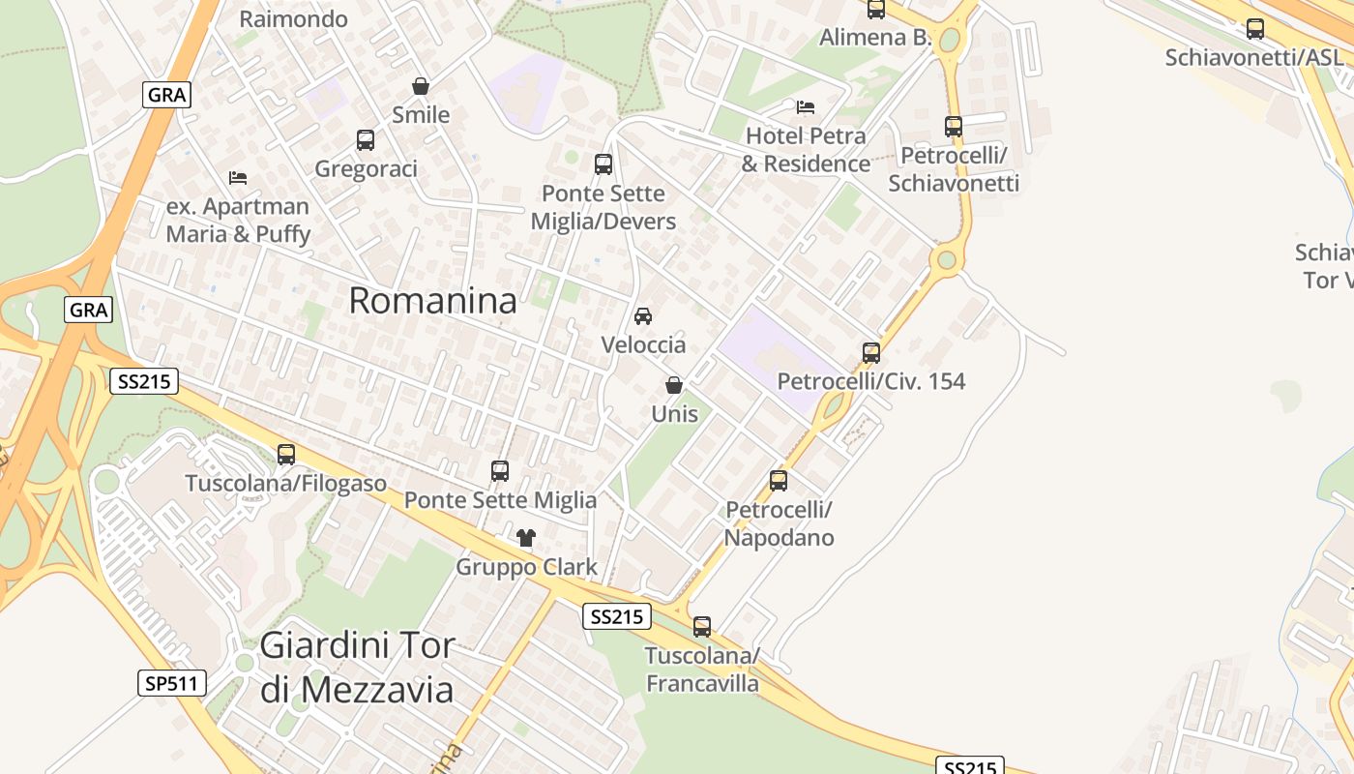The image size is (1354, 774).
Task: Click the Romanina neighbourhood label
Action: pyautogui.click(x=432, y=301)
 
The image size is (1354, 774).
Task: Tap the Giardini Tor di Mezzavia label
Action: pyautogui.click(x=357, y=667)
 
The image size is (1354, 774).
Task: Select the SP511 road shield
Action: pyautogui.click(x=172, y=683)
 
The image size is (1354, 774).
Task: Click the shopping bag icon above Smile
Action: pyautogui.click(x=421, y=86)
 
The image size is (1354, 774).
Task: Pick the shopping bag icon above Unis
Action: pyautogui.click(x=674, y=385)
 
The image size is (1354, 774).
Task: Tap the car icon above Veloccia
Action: pyautogui.click(x=643, y=316)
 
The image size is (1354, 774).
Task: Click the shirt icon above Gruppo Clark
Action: pyautogui.click(x=526, y=538)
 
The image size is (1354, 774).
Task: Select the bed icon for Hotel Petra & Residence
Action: pyautogui.click(x=806, y=106)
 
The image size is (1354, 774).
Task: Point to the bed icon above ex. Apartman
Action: pyautogui.click(x=238, y=178)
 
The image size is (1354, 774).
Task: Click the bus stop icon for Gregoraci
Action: pyautogui.click(x=366, y=140)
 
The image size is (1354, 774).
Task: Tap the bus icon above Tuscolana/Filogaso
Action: pyautogui.click(x=286, y=454)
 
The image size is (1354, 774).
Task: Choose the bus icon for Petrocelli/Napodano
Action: pyautogui.click(x=779, y=480)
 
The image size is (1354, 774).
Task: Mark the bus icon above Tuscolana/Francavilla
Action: pyautogui.click(x=702, y=627)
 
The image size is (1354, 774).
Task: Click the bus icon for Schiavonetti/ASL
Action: pyautogui.click(x=1255, y=29)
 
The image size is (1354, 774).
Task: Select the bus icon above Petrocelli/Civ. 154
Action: pyautogui.click(x=871, y=353)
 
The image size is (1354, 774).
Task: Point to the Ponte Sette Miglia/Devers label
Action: pyautogui.click(x=603, y=207)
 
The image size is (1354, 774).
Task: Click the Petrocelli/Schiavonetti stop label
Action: pyautogui.click(x=954, y=169)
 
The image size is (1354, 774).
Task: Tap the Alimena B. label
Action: pyautogui.click(x=875, y=38)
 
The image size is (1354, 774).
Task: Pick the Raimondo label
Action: pyautogui.click(x=293, y=18)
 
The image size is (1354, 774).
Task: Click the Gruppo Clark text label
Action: pyautogui.click(x=526, y=567)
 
